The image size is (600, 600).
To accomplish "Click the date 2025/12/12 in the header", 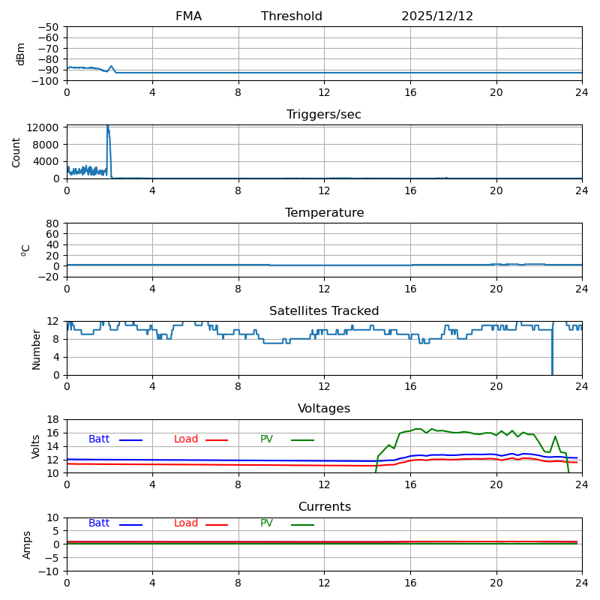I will [x=437, y=16].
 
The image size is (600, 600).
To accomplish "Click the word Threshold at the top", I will [x=292, y=16].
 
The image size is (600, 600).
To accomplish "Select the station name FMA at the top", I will [x=188, y=16].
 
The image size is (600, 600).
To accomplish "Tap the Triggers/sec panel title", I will [x=324, y=115].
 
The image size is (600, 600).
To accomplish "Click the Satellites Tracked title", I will [x=324, y=311].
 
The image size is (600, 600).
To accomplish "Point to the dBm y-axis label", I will [x=21, y=54].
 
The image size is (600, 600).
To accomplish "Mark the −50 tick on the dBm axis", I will [x=47, y=27].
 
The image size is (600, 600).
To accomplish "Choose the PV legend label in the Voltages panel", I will [x=267, y=439].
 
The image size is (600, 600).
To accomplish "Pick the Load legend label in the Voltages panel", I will [x=186, y=439].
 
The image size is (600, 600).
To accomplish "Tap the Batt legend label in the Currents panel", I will [x=99, y=523].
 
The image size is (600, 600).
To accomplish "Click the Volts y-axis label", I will [x=36, y=446].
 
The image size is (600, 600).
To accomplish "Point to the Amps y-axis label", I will [x=28, y=544].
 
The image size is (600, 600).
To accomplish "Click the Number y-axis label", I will [x=36, y=349].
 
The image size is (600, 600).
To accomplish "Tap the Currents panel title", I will [x=324, y=507].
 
